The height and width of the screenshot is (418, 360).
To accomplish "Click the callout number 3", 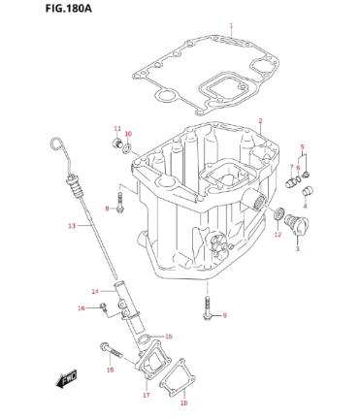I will (297, 250).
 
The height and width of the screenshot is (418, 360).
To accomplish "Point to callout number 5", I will (302, 146).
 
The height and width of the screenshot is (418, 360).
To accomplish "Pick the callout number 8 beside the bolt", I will (107, 209).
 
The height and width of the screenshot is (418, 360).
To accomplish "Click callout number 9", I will (224, 315).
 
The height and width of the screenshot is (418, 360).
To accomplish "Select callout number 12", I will (277, 235).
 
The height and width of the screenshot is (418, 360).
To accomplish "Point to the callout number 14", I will (95, 291).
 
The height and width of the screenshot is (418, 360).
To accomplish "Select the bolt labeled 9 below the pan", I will (207, 308).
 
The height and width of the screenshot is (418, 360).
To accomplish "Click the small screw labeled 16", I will (103, 307).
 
